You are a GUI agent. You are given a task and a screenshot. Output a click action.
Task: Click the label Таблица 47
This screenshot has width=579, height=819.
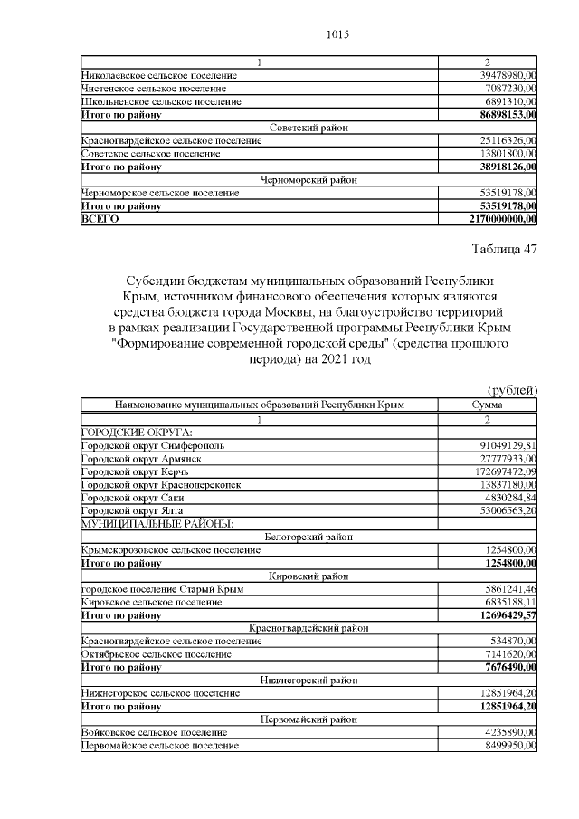[505, 250]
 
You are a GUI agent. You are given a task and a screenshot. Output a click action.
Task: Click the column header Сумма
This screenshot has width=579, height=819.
[488, 405]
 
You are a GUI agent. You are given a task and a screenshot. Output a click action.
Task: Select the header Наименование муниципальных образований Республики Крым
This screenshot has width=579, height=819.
[259, 405]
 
